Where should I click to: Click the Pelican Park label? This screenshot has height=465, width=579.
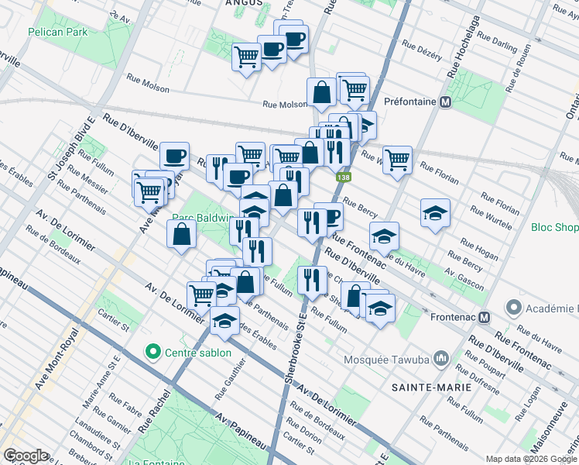(57, 32)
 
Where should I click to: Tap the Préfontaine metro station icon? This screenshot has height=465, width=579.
(445, 102)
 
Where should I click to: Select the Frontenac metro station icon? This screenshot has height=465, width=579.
(485, 317)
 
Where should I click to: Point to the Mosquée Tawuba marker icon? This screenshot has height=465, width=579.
(441, 358)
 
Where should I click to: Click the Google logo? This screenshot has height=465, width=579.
(26, 455)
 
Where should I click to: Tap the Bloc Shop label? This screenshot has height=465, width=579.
(554, 228)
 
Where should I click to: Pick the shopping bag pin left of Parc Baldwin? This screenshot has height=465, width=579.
(180, 234)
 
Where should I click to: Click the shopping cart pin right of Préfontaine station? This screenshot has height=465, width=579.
(397, 160)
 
